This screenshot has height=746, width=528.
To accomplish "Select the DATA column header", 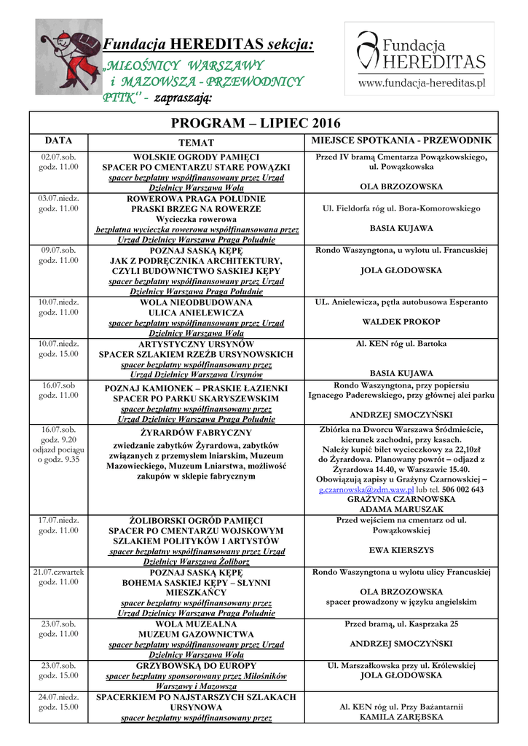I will point(58,140).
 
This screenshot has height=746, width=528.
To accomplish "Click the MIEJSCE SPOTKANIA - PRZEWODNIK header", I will point(401,140).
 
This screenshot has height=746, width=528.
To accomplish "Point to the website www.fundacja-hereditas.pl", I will point(421,83).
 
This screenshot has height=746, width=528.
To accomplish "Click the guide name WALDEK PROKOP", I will point(401,321).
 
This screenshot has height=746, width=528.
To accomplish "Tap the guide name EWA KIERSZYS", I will point(401,550).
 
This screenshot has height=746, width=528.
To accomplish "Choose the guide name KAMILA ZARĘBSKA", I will point(401,717).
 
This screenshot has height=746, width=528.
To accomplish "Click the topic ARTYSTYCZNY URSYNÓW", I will point(196,344).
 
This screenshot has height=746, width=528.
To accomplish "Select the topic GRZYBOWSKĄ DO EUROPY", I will point(196,665).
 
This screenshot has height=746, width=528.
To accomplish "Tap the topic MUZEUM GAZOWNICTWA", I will point(196,635).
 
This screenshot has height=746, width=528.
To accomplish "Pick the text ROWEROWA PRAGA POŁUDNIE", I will point(196,198).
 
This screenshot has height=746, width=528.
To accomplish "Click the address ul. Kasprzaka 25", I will point(427,624).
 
